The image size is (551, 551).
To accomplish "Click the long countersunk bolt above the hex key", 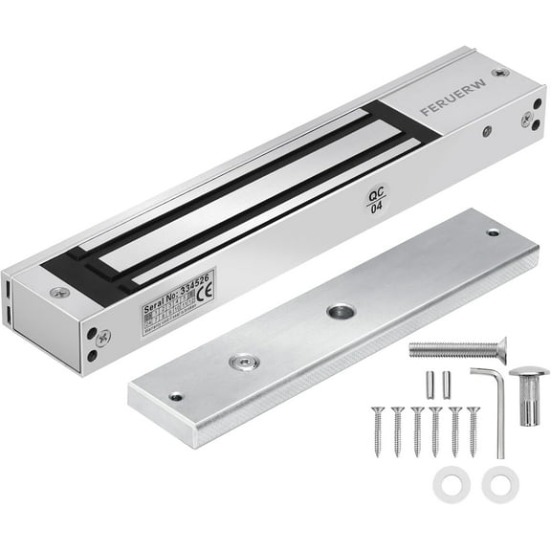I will (457, 350).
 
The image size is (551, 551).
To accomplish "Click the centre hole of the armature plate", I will (340, 312).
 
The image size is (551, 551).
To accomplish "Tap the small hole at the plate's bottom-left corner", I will (175, 396).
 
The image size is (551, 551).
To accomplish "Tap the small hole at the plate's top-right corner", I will (493, 232).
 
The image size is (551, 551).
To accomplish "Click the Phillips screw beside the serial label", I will (103, 337).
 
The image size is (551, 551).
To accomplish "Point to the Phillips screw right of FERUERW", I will (526, 119).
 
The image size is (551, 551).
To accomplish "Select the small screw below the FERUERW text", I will (487, 131).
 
